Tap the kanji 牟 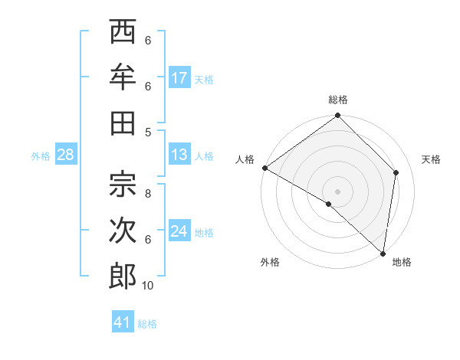click(x=123, y=78)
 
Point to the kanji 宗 click(x=123, y=184)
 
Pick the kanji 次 click(x=123, y=229)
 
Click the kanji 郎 click(x=123, y=274)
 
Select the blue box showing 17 click(x=179, y=78)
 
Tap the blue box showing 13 click(x=179, y=155)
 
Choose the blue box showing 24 click(x=179, y=231)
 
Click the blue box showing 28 click(x=65, y=155)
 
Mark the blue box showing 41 click(x=123, y=322)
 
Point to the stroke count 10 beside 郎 click(x=148, y=285)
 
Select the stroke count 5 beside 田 click(x=148, y=133)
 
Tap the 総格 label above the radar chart click(x=338, y=100)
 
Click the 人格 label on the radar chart click(x=245, y=159)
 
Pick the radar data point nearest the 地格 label click(x=383, y=253)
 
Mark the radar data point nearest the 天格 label click(x=396, y=172)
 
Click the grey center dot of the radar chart click(x=337, y=191)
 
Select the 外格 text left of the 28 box click(x=41, y=156)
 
